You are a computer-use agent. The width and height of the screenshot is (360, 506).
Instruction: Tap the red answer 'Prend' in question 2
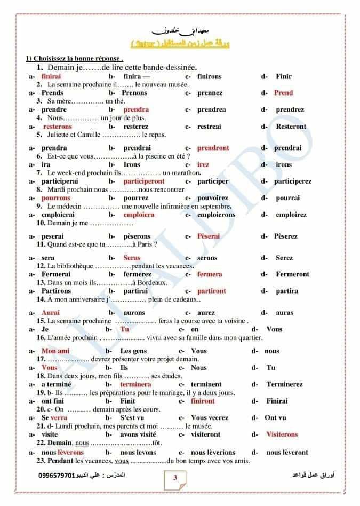(x=283, y=93)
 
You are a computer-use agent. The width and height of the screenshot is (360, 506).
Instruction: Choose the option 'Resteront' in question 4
(x=291, y=127)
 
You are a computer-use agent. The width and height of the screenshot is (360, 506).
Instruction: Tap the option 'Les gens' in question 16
(x=133, y=351)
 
